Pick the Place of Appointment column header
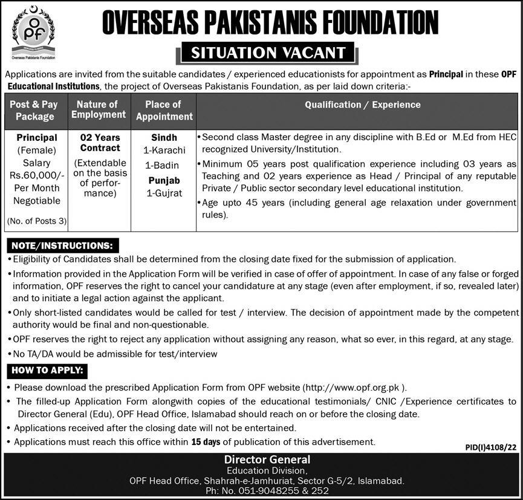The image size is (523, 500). (x=164, y=111)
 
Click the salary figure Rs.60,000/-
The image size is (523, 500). (x=37, y=175)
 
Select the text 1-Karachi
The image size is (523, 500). (x=164, y=150)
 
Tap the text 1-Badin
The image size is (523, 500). (x=164, y=165)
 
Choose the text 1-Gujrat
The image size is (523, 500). (x=164, y=193)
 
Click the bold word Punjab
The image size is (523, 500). (x=164, y=180)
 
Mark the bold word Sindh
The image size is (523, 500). (x=164, y=137)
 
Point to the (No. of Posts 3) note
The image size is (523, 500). (x=36, y=221)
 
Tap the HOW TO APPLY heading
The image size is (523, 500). (x=47, y=370)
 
